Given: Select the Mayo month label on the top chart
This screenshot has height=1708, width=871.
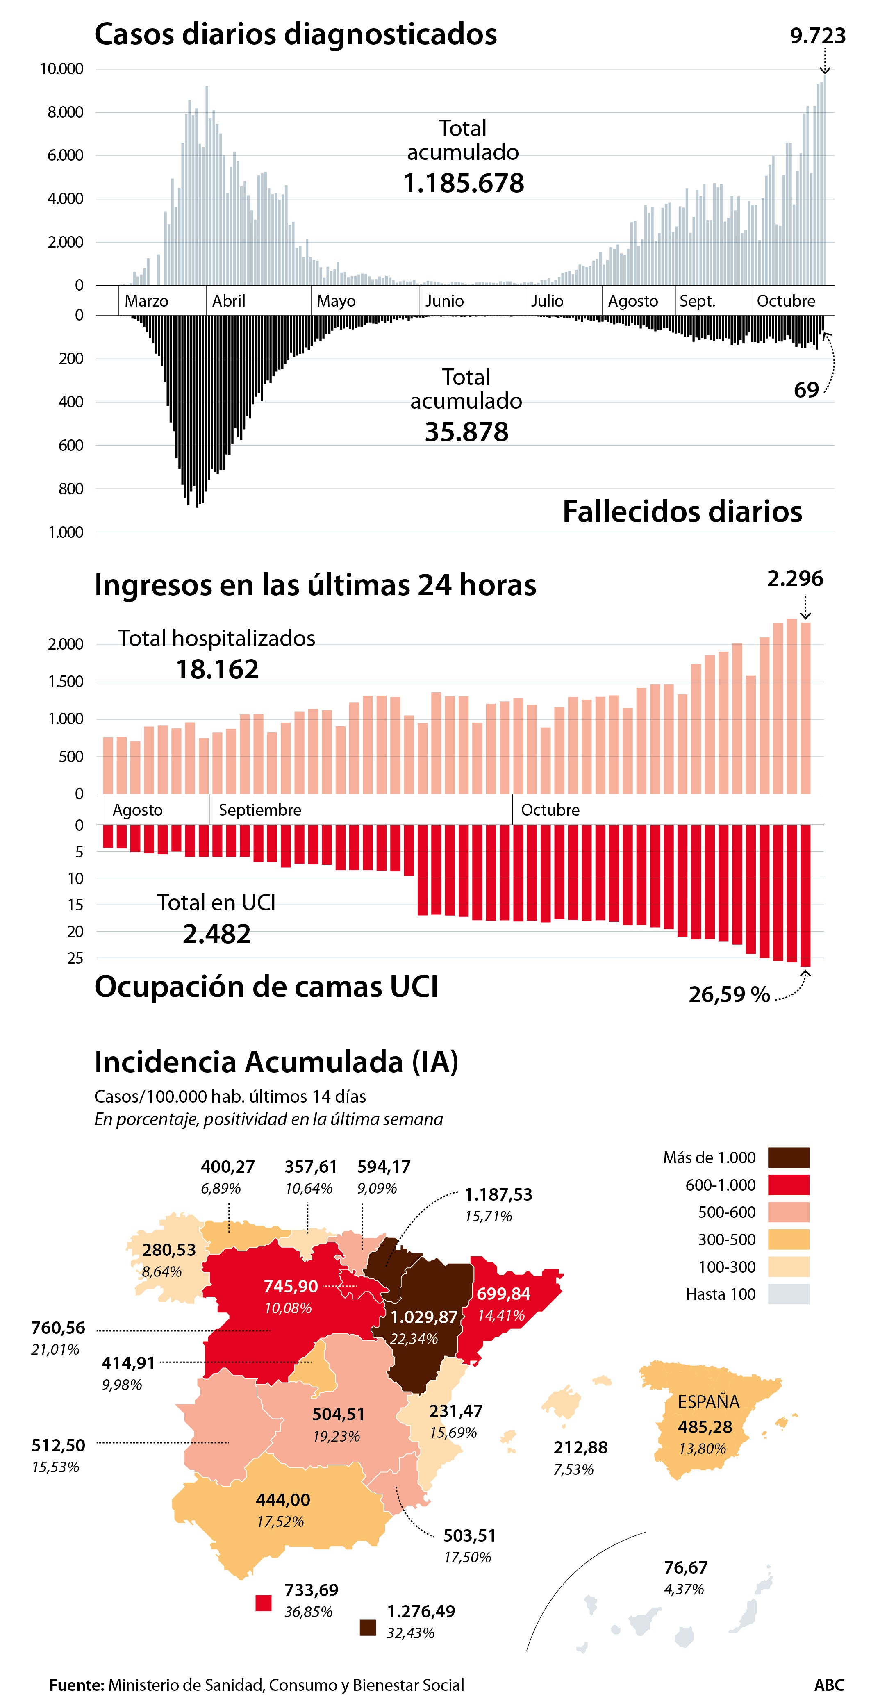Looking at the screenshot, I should click(x=336, y=301).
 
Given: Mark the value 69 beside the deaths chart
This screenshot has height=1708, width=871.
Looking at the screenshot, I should click(x=806, y=390).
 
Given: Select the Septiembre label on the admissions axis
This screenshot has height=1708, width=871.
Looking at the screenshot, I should click(x=260, y=810).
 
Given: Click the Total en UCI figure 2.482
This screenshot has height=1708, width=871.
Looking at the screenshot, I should click(x=217, y=934).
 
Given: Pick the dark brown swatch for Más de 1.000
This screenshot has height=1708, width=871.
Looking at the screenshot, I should click(x=788, y=1158).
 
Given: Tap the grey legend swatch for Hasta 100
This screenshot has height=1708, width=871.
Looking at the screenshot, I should click(x=788, y=1294).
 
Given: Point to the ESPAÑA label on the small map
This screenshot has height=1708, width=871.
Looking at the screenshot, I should click(x=708, y=1402).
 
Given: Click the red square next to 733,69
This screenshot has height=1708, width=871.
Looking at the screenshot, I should click(x=264, y=1603).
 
